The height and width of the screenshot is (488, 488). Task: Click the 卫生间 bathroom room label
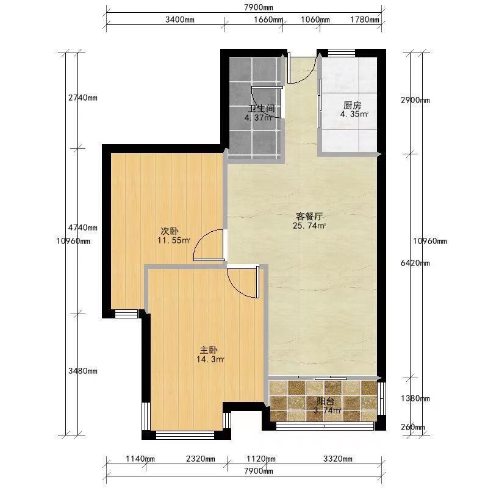coord(262,109)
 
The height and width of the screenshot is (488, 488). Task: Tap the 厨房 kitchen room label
coord(353,106)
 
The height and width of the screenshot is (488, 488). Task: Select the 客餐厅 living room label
coord(309,217)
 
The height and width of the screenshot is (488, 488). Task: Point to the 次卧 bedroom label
coord(170,231)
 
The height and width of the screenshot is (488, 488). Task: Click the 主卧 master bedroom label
coord(209,350)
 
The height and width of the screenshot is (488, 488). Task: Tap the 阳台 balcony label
coord(326,401)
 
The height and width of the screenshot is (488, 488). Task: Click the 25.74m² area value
coord(309,226)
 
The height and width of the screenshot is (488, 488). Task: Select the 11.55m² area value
coord(174,240)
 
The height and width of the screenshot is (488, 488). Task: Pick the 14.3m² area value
coord(210,359)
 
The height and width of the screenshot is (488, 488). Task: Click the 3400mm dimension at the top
coord(179,20)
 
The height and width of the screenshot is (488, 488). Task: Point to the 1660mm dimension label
coord(268,20)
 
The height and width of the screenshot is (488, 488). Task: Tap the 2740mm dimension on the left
coord(83,98)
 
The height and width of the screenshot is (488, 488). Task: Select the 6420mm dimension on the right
coord(415,264)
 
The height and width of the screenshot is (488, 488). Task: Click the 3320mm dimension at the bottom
coord(338,459)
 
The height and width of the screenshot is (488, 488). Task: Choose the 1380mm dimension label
coord(415,398)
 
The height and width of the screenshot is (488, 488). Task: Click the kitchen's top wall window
coord(342,53)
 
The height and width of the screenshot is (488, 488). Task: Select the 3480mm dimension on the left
coord(83,371)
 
